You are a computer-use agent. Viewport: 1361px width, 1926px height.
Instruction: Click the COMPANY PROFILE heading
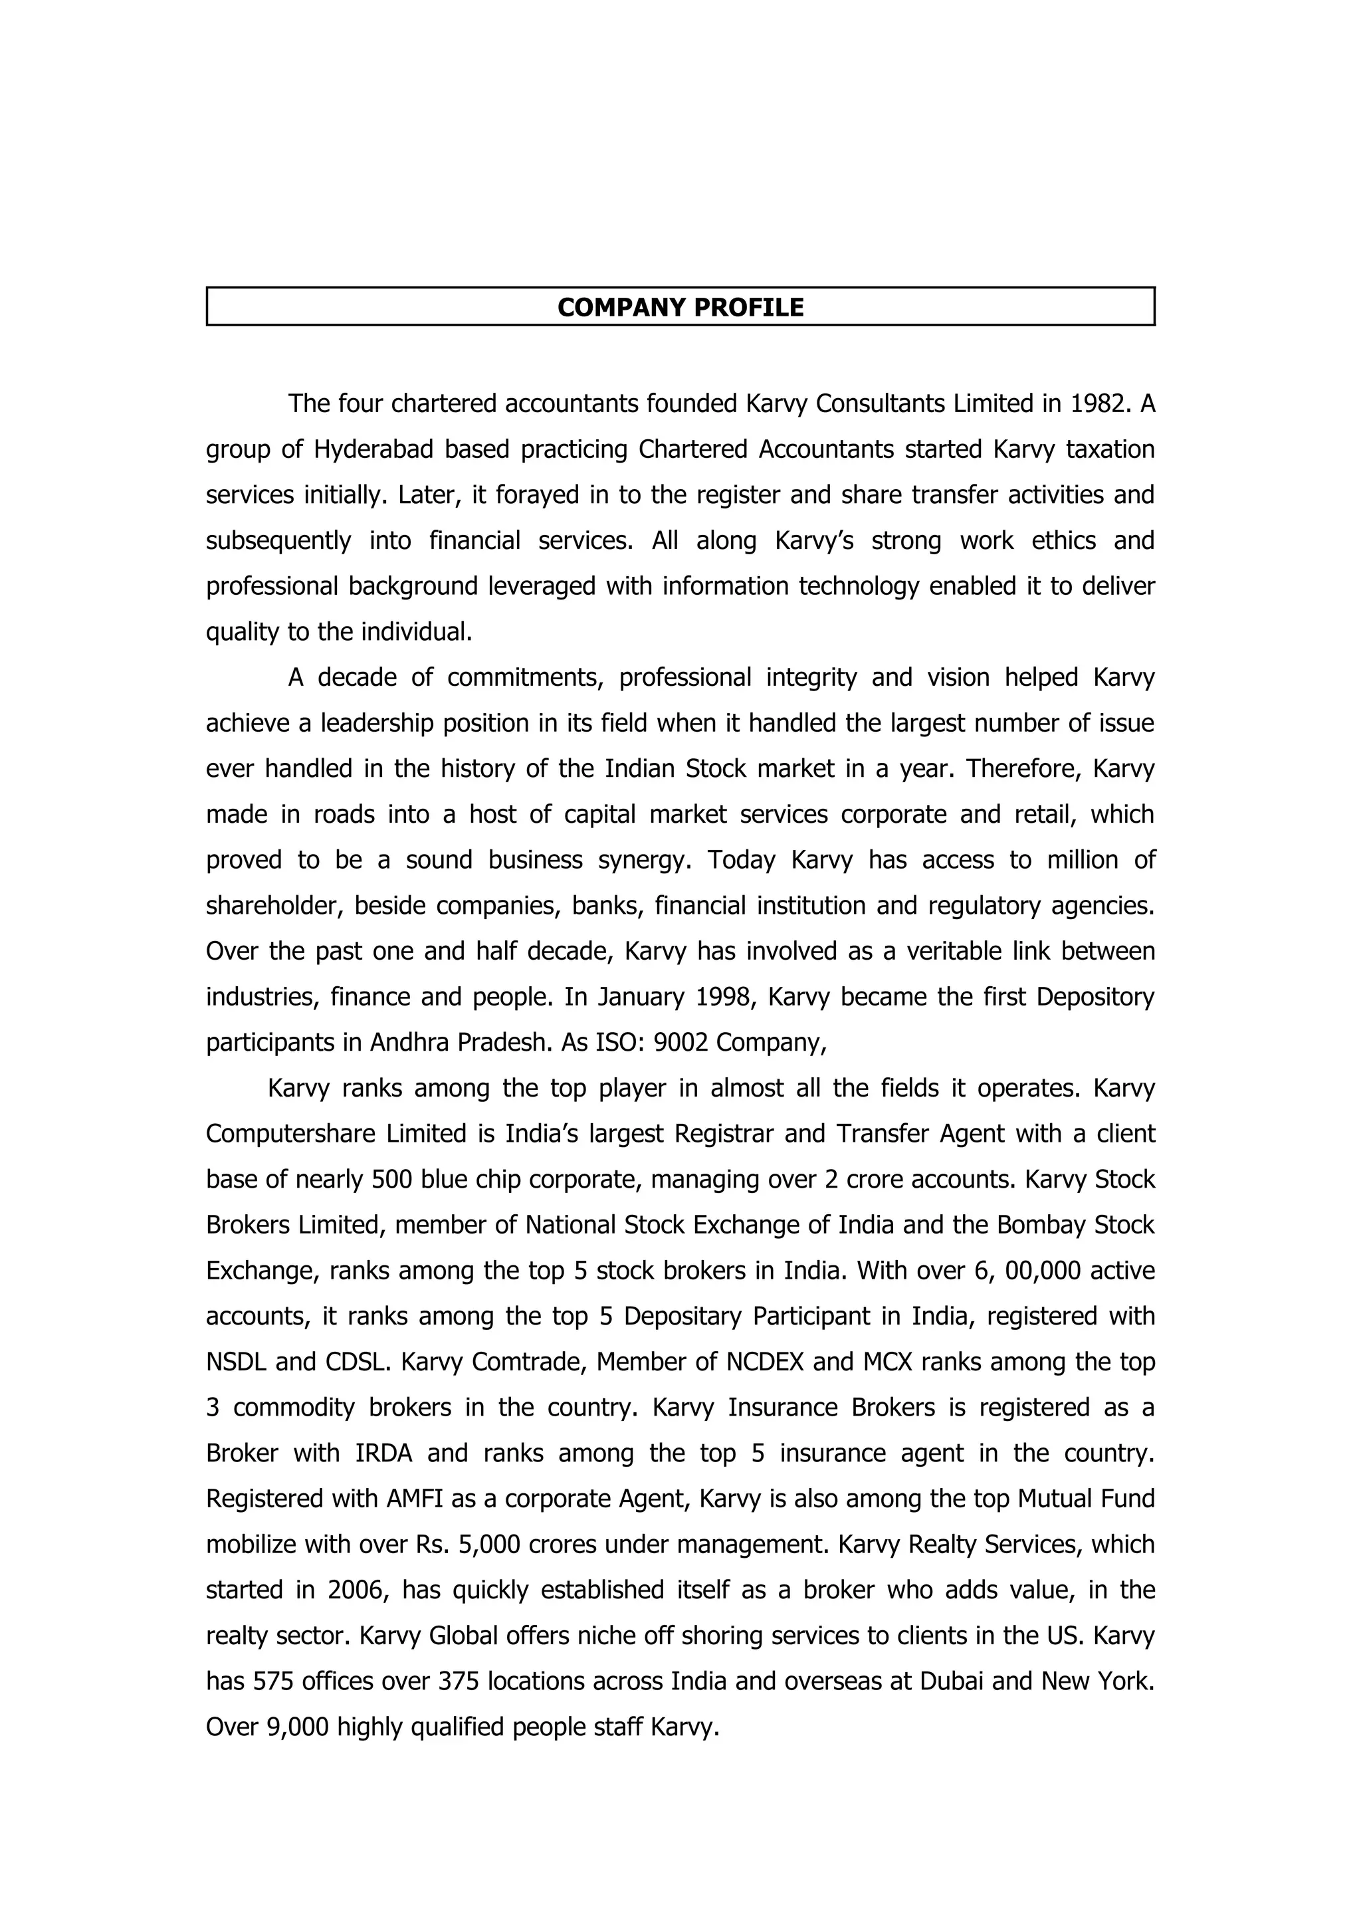(x=680, y=307)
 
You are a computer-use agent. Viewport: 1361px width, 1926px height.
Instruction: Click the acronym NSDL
(x=236, y=1362)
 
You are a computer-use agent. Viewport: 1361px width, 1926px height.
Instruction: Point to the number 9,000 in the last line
(x=297, y=1727)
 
